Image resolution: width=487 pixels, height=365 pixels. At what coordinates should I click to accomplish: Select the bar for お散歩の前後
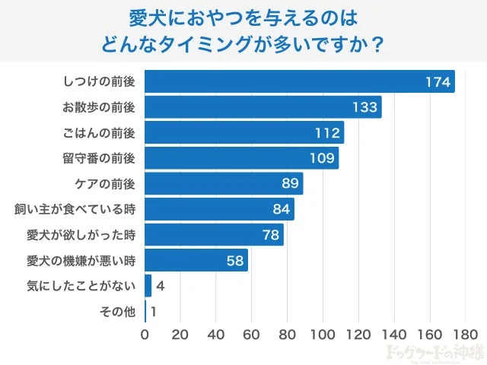click(x=263, y=107)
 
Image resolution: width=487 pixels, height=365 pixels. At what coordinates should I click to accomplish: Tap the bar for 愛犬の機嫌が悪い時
click(x=196, y=260)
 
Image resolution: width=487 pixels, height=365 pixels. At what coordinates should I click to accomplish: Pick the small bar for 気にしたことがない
click(x=148, y=286)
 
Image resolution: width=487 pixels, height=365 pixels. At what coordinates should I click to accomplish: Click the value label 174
click(x=438, y=81)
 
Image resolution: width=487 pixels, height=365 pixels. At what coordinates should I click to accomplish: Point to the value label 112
click(x=327, y=133)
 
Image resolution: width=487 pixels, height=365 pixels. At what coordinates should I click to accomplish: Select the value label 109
click(x=323, y=158)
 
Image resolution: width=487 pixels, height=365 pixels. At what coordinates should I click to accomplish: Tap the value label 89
click(x=290, y=184)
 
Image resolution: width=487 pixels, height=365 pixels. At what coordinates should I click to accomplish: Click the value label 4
click(x=160, y=286)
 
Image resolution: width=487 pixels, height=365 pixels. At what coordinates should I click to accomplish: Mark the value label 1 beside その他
click(x=154, y=311)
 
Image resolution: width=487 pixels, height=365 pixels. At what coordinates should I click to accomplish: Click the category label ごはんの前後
click(x=99, y=133)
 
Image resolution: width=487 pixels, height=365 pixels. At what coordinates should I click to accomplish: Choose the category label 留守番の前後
click(x=99, y=158)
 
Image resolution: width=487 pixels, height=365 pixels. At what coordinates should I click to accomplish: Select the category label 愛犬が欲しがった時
click(x=81, y=235)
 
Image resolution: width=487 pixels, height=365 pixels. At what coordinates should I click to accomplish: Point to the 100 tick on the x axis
click(x=323, y=334)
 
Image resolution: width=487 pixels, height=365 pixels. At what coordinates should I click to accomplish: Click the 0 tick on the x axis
click(x=145, y=334)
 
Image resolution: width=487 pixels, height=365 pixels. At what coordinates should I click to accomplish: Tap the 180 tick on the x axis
click(x=465, y=334)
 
